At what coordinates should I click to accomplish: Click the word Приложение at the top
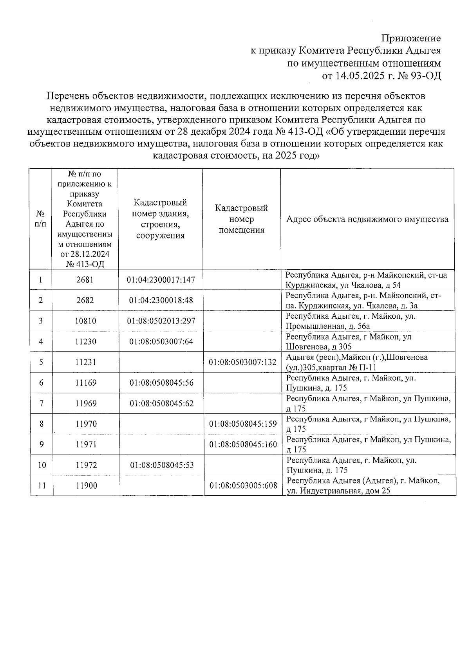(x=411, y=38)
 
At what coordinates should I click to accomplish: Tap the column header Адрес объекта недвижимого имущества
(x=367, y=219)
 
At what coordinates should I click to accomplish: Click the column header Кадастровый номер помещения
(x=241, y=219)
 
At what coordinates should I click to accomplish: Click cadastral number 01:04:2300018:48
(x=161, y=300)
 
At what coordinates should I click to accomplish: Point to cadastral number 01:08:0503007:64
(x=161, y=341)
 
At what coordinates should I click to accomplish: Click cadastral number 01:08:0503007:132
(x=242, y=362)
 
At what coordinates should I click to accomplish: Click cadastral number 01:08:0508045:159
(x=243, y=424)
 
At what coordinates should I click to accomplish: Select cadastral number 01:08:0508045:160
(x=243, y=444)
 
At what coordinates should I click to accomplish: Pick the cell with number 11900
(x=86, y=485)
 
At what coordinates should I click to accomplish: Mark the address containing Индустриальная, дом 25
(x=363, y=486)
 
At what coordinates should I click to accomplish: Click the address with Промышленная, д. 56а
(x=351, y=321)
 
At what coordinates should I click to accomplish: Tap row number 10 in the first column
(x=42, y=465)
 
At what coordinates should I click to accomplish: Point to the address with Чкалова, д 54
(x=366, y=280)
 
